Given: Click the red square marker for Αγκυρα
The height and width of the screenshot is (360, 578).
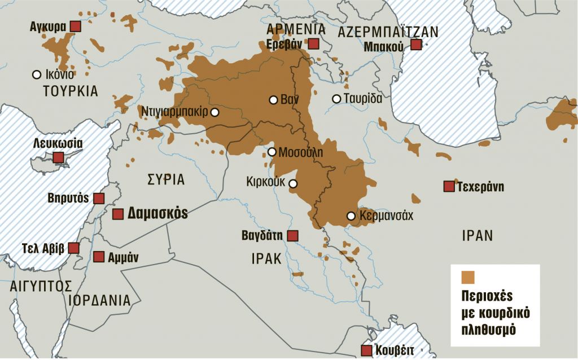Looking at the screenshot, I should (x=76, y=27).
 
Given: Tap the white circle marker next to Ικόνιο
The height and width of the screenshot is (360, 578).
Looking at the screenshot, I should (x=37, y=74).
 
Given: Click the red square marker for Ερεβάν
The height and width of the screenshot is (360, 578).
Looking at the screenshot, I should (x=313, y=44).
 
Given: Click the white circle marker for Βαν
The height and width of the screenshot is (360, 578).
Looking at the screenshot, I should (x=273, y=100).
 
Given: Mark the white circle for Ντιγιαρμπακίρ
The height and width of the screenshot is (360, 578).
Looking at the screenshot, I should (x=214, y=112).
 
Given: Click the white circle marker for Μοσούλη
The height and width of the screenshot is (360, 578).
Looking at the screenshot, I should (x=272, y=152).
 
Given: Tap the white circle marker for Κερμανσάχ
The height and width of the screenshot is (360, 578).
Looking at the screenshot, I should (x=351, y=216).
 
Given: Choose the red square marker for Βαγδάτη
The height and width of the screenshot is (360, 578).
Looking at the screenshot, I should (x=292, y=235).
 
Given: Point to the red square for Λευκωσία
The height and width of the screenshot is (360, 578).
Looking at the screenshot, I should (x=58, y=157).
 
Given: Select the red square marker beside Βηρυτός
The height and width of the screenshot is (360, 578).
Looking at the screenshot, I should (x=99, y=198).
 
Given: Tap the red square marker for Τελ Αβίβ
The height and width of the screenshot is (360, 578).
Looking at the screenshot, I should (x=73, y=248).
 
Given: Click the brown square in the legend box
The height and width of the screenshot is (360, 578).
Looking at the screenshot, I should (x=468, y=277).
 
